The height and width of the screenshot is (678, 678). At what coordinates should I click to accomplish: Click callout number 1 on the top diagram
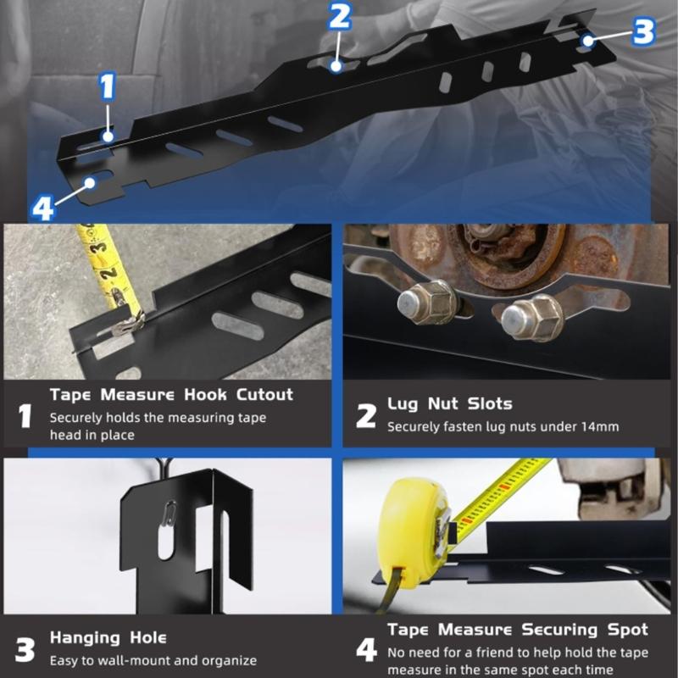(107, 87)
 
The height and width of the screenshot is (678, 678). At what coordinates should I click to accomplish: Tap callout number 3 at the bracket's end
(643, 31)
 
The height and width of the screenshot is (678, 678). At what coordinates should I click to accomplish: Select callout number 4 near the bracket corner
(43, 206)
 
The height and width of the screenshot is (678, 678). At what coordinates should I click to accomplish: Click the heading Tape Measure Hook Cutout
(171, 394)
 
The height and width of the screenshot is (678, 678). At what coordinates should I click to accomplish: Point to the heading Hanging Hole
(108, 637)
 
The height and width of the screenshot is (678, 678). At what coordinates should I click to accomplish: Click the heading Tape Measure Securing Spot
(517, 630)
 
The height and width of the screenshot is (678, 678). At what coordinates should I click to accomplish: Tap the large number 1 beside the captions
(26, 416)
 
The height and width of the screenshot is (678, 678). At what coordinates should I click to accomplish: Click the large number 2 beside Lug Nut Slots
(365, 416)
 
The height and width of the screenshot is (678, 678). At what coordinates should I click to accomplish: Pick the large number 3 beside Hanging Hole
(26, 649)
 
